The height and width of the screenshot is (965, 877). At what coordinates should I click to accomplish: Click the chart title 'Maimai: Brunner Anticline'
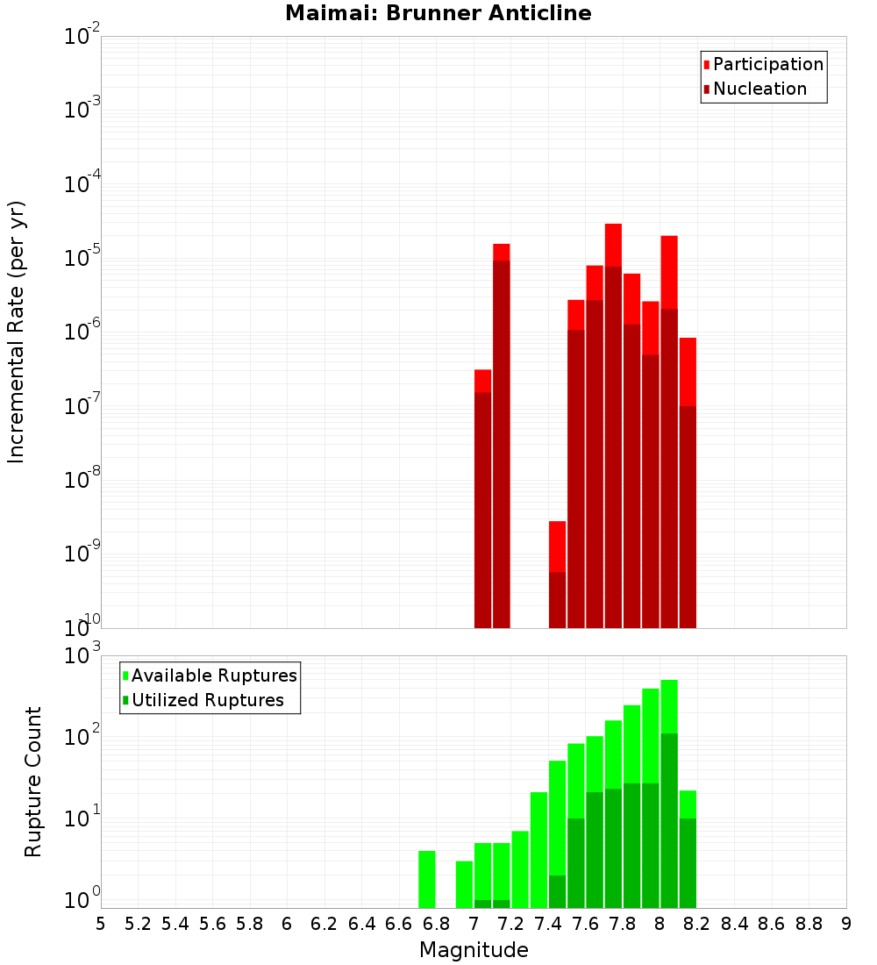tap(438, 13)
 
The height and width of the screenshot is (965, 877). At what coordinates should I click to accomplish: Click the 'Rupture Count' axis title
tap(33, 782)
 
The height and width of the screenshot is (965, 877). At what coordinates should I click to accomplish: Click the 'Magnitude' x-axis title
tap(474, 950)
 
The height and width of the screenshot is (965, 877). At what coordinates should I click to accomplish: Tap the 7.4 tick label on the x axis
tap(548, 924)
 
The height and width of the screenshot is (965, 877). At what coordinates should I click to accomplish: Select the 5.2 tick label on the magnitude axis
tap(139, 924)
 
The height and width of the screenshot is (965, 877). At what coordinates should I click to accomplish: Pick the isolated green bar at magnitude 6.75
tap(427, 877)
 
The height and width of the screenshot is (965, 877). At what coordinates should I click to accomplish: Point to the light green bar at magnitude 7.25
tap(520, 868)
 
